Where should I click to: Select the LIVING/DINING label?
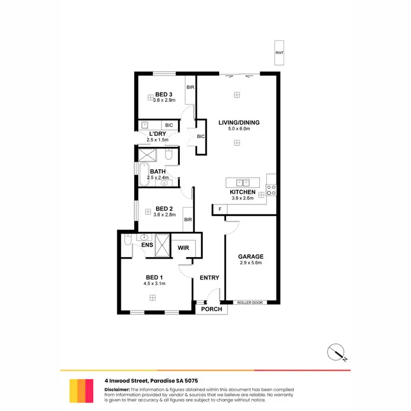(x=239, y=122)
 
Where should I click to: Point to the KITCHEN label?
(x=242, y=192)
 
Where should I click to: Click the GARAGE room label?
(x=250, y=256)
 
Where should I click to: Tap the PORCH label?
(x=212, y=309)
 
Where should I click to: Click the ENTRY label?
(x=209, y=278)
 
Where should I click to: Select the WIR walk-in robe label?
(x=184, y=248)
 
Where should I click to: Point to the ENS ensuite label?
(x=146, y=245)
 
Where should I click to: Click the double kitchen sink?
(x=242, y=182)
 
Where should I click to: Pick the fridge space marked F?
(x=220, y=209)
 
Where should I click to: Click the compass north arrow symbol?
(x=337, y=352)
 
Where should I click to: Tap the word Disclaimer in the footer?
(x=117, y=389)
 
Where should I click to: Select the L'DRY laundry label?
(x=157, y=134)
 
